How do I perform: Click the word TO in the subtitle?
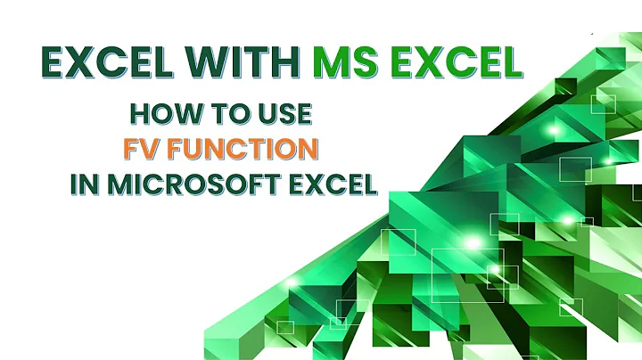click(x=220, y=115)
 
